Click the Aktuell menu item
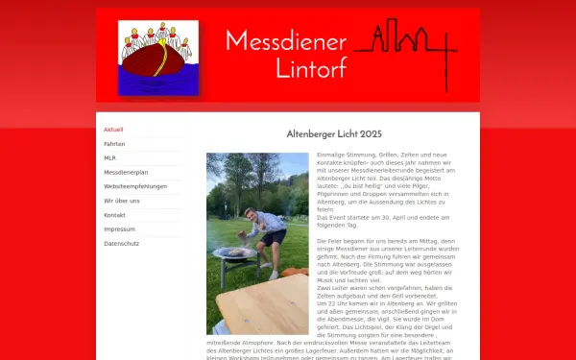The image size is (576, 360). (x=113, y=130)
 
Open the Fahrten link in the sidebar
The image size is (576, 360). (x=114, y=144)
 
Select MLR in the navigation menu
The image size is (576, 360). (x=109, y=158)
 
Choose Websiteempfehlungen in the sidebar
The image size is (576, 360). (x=134, y=186)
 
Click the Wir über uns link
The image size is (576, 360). (x=122, y=201)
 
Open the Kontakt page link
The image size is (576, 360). (x=115, y=215)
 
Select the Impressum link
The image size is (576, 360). (x=119, y=229)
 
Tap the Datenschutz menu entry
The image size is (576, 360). (x=122, y=244)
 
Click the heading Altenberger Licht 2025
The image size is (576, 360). (x=335, y=134)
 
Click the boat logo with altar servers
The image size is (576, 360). (x=157, y=58)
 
